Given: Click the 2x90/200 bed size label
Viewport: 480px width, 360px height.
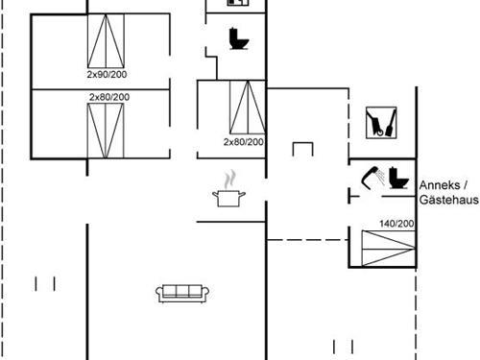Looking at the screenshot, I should [x=107, y=73].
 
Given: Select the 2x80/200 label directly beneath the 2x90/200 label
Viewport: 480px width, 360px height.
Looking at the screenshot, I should [x=109, y=97].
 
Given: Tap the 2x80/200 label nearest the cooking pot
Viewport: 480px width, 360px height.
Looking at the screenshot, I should [x=243, y=141].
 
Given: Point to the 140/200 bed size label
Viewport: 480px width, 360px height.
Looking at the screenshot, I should [x=396, y=223].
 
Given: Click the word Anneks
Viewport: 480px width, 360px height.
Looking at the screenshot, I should [x=439, y=185].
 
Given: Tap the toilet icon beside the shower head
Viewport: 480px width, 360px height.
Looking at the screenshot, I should [x=396, y=179].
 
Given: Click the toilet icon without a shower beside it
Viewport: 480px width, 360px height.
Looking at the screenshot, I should [x=239, y=40].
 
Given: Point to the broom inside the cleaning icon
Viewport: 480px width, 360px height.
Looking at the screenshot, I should [x=376, y=124].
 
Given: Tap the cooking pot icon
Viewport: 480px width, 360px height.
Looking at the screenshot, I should [x=229, y=197].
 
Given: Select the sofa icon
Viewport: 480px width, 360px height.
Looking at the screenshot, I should [x=181, y=292].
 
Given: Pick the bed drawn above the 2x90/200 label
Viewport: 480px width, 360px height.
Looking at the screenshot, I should [x=107, y=39].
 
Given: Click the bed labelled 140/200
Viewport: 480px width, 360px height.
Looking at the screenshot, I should [x=384, y=248].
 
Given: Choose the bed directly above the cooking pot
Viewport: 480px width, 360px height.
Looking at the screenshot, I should [x=244, y=108].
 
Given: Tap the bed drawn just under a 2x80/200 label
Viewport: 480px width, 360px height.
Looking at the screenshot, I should [x=108, y=130].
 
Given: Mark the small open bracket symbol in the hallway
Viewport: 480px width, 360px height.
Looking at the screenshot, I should [x=304, y=150].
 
